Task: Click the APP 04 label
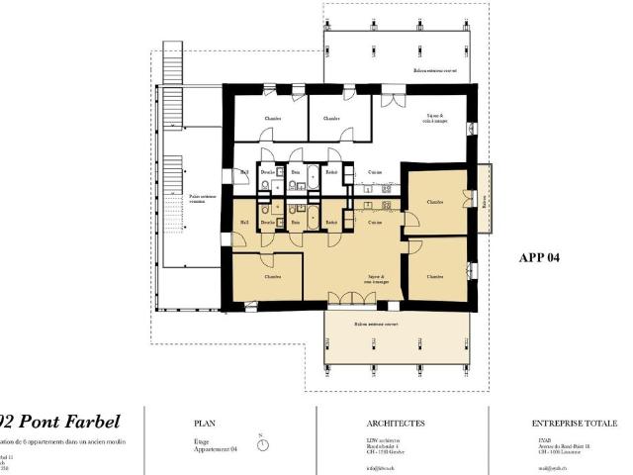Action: (x=539, y=257)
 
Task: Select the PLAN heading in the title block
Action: (x=207, y=423)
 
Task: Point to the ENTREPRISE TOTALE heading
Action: (x=574, y=423)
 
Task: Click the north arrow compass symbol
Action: (x=262, y=444)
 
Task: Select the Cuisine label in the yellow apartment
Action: (x=376, y=223)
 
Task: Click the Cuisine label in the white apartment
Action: (x=364, y=171)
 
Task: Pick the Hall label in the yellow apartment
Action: (x=244, y=223)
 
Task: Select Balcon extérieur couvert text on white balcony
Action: (x=436, y=71)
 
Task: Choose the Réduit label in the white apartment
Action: (x=332, y=171)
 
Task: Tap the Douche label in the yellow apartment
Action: (x=267, y=223)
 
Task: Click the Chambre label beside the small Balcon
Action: (x=435, y=202)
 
